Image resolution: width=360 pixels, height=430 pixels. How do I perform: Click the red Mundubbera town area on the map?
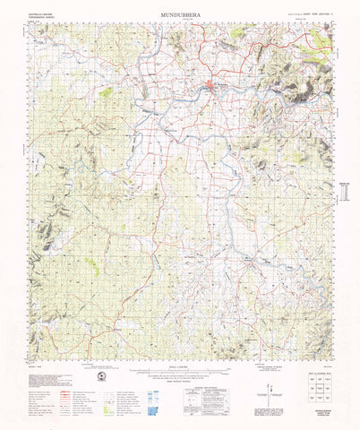click(x=210, y=86)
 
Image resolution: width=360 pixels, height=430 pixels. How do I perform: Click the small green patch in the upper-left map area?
click(x=107, y=91)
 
